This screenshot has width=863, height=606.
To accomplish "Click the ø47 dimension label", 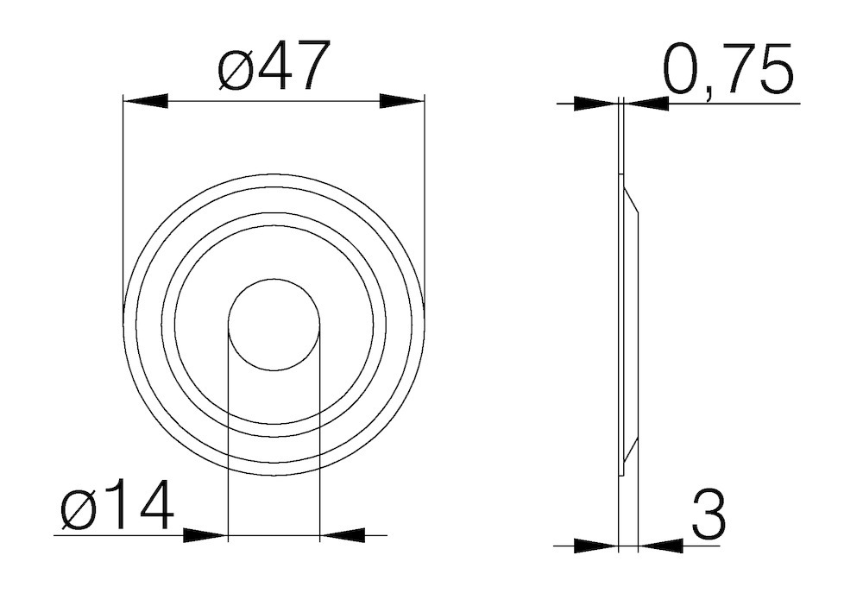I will click(x=274, y=67).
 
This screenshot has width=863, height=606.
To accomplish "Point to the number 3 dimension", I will click(x=709, y=514).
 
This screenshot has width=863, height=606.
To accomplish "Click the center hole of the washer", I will click(x=274, y=325).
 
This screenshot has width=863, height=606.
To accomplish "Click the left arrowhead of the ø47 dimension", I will click(x=145, y=102).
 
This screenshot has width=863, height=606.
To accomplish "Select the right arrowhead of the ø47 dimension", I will click(x=402, y=102).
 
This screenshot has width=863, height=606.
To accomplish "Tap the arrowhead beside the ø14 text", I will click(x=205, y=535).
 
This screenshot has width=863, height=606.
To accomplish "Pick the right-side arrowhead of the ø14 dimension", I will click(x=342, y=535).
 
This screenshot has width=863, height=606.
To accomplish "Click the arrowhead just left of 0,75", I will click(x=646, y=104).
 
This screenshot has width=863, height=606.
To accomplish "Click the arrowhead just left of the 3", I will click(x=661, y=546).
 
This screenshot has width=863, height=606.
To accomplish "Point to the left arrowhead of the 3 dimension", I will click(x=596, y=546).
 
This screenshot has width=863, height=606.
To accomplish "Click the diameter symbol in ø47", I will click(x=235, y=69).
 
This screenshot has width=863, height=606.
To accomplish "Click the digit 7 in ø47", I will click(x=312, y=67).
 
